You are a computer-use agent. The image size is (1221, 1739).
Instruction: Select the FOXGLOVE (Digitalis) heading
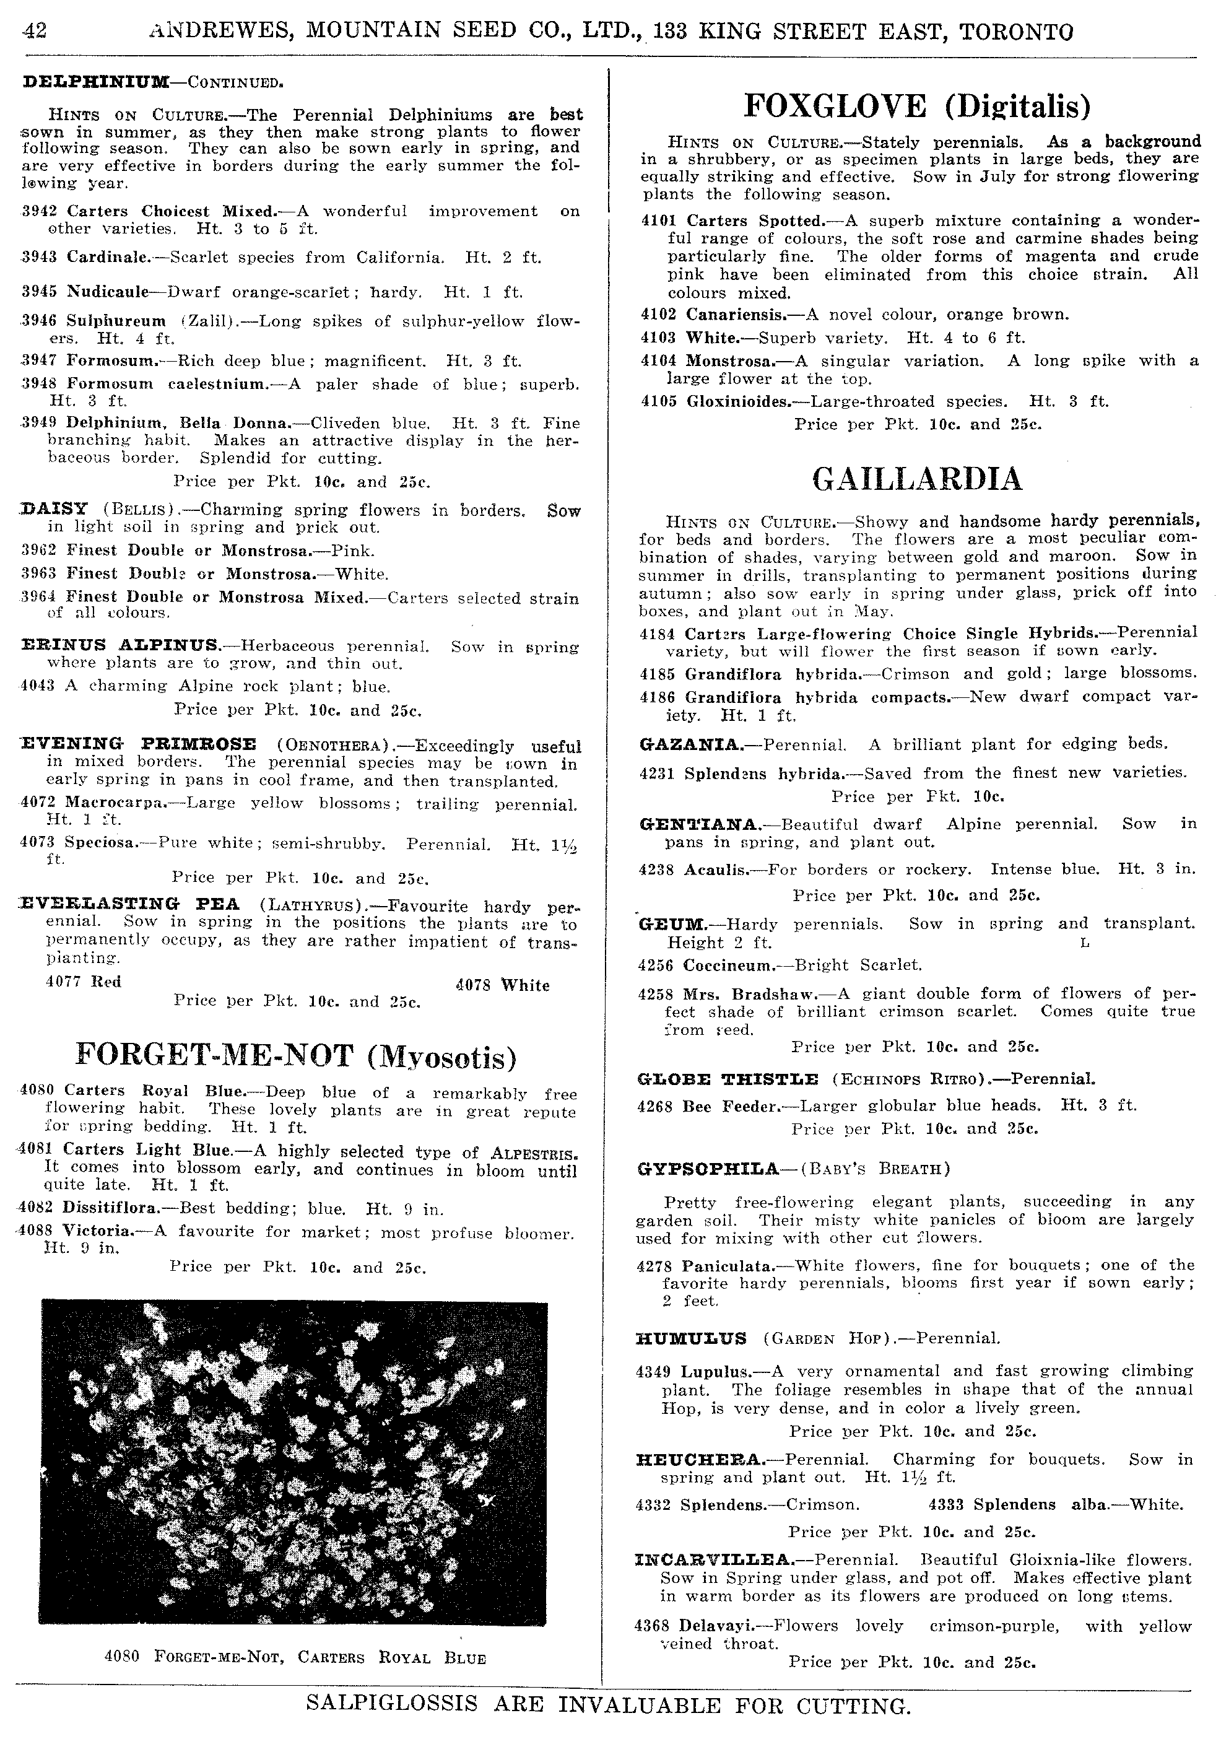point(917,106)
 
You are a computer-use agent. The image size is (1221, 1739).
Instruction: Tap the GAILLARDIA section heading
point(916,479)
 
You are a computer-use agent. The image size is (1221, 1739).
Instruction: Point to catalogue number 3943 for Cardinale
point(43,258)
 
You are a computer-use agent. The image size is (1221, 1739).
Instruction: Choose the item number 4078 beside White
point(474,985)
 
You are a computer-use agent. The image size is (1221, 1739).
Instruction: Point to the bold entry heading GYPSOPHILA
point(708,1169)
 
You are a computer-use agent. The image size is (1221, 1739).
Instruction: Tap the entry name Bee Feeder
point(730,1106)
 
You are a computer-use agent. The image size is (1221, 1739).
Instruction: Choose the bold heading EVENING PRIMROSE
point(138,744)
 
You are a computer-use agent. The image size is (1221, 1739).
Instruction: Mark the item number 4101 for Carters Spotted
point(658,220)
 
